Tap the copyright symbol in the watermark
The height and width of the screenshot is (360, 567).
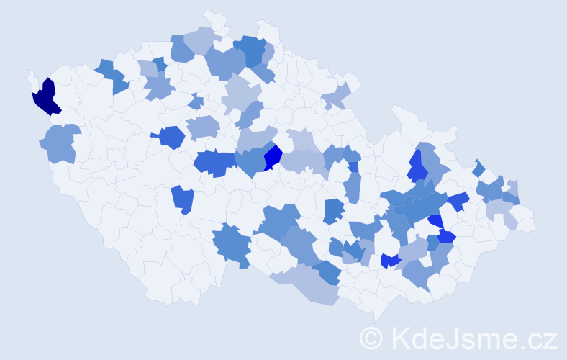point(372,338)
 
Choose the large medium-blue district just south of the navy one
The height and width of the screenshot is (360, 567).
point(63,143)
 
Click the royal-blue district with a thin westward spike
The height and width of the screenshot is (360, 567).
point(171,136)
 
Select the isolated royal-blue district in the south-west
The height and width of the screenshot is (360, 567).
point(183,199)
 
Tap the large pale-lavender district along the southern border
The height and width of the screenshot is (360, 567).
point(309,284)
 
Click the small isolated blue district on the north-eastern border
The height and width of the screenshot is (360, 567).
point(479,168)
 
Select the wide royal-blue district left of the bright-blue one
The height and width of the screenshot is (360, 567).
point(214,163)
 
